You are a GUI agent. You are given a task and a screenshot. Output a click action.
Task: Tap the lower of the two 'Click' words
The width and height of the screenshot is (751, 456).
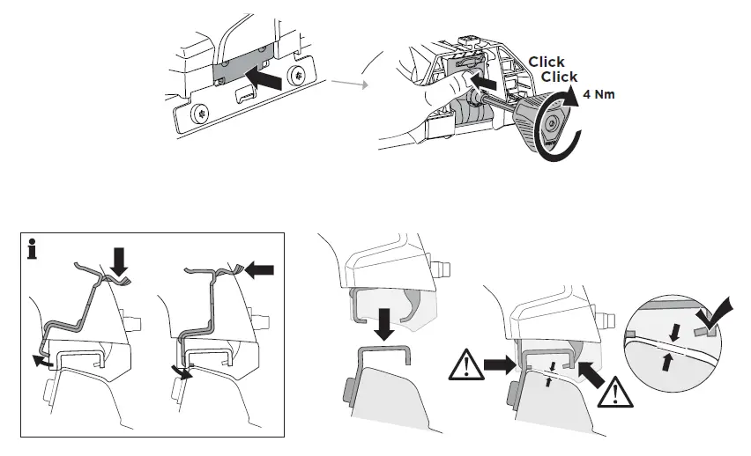coord(559,77)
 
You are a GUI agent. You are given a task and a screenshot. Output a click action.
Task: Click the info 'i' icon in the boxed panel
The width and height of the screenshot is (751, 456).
coord(33,252)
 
